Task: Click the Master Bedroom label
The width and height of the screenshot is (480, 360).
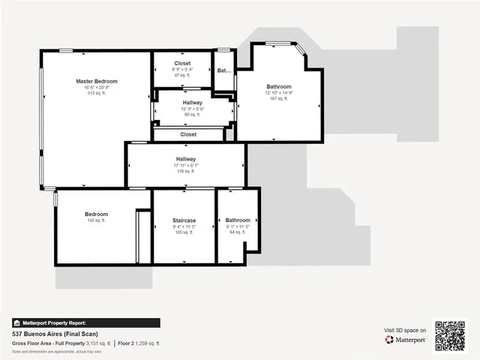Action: coord(97,81)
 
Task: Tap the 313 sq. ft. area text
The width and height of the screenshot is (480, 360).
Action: coord(97,93)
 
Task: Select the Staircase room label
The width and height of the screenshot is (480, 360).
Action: coord(184,220)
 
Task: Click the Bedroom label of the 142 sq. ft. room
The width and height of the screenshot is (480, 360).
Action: coord(96,214)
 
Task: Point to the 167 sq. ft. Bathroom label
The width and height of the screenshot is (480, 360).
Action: coord(278,86)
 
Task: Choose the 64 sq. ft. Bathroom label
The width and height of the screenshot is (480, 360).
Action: coord(238,220)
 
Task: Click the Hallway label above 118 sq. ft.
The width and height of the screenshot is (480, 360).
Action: coord(186,159)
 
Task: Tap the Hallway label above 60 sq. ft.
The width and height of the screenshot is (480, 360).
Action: coord(192,103)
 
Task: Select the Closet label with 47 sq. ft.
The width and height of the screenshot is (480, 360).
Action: coord(182,63)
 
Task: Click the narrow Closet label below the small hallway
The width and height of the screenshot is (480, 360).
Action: coord(188,134)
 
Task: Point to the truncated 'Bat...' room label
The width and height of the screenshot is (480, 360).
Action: coord(224,70)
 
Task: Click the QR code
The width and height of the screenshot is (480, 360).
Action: coord(450,335)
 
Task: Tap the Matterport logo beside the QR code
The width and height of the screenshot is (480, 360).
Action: coord(406,340)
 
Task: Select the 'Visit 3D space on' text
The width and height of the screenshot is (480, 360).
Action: coord(405,330)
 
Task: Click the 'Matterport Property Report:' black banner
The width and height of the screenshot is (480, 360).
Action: coord(86,323)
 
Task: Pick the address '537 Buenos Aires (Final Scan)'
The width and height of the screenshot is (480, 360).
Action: coord(55,334)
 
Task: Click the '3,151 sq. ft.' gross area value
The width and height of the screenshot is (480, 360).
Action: coord(97,343)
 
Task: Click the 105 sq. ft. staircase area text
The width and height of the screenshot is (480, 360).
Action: coord(184,232)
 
